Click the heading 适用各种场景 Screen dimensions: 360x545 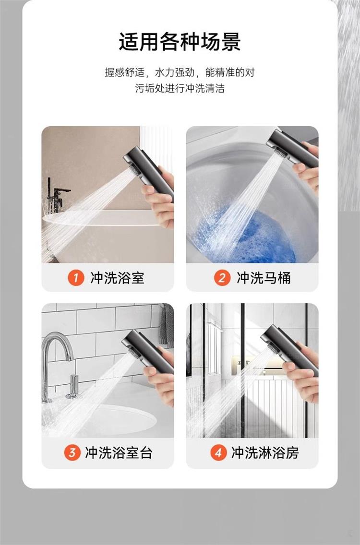pos(180,42)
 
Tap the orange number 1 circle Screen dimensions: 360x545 pos(76,278)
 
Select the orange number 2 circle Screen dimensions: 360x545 pos(222,278)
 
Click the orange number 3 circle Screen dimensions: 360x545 pos(72,452)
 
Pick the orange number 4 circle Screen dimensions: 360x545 pos(218,452)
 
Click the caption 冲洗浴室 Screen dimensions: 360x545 pos(117,278)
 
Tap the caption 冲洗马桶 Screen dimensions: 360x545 pos(264,278)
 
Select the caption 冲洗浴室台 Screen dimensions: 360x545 pos(119,453)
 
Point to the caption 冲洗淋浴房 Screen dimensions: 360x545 pos(265,453)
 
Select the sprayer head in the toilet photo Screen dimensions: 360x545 pos(291,148)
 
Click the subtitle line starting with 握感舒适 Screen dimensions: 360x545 pos(180,72)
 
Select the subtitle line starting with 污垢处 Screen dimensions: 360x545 pos(180,88)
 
